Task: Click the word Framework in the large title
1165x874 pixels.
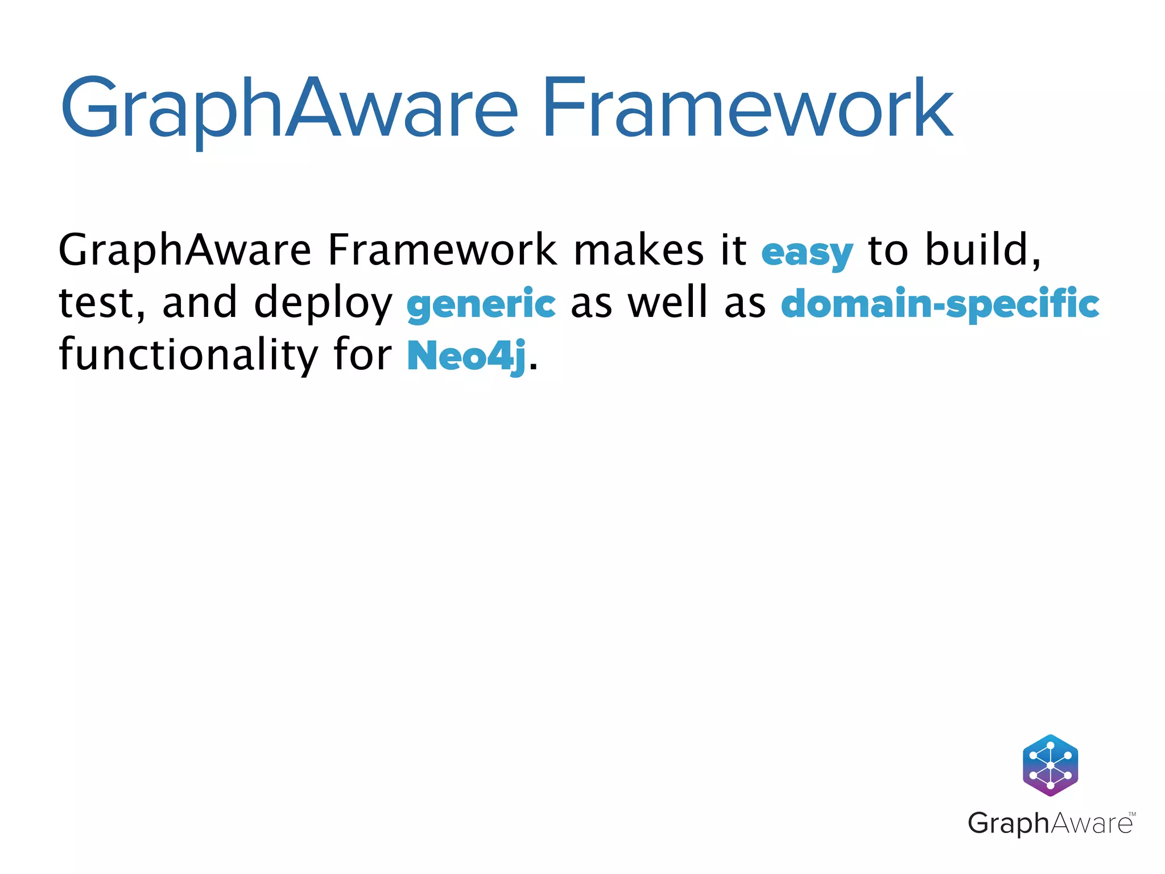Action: click(x=747, y=108)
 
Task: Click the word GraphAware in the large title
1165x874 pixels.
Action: click(x=288, y=108)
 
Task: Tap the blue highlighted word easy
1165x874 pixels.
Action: click(x=807, y=253)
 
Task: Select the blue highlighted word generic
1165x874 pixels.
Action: click(x=481, y=304)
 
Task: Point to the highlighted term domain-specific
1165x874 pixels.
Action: click(x=940, y=304)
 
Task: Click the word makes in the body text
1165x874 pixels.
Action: click(x=638, y=250)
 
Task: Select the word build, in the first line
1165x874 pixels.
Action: click(x=983, y=250)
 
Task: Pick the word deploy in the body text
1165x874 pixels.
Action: click(x=323, y=304)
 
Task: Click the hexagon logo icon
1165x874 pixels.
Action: click(x=1050, y=765)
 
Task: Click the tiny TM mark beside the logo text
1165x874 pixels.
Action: click(x=1131, y=814)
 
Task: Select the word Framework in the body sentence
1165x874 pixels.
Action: click(x=442, y=250)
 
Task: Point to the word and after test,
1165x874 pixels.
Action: click(x=199, y=303)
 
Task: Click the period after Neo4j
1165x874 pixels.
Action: click(x=533, y=366)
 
